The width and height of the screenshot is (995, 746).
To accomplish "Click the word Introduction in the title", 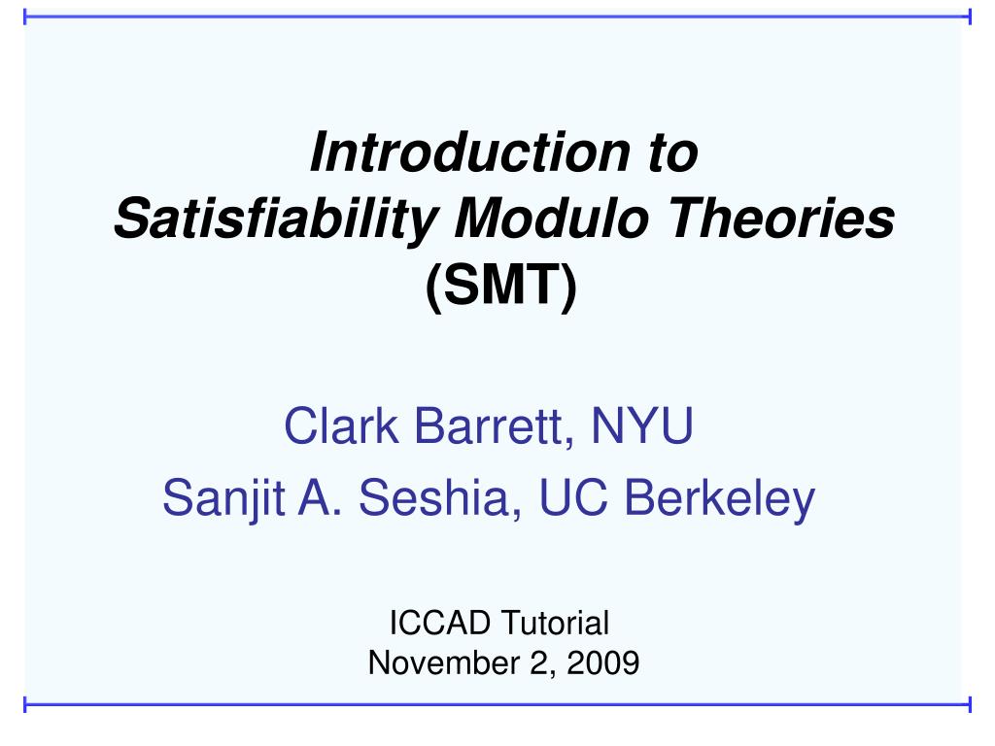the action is pos(470,153).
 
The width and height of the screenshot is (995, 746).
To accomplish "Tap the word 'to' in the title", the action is pos(673,153).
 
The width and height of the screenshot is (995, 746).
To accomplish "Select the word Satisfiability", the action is pos(277,219).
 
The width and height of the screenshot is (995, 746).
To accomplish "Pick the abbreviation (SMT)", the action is pos(501,287).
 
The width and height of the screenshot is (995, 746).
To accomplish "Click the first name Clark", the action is pos(341,425).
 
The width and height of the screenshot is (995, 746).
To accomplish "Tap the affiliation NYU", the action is pos(642,425).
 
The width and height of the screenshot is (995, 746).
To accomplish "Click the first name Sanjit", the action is pos(223,498).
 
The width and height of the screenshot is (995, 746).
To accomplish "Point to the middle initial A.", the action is pos(320,498).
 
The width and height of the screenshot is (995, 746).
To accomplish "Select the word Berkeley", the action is pos(720,499).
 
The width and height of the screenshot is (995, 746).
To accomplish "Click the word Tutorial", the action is pos(555,623).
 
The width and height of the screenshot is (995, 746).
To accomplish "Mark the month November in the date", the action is pos(443,662).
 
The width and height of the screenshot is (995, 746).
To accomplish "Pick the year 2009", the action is pos(602,662).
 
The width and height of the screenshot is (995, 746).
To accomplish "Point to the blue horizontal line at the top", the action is pos(497,17).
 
